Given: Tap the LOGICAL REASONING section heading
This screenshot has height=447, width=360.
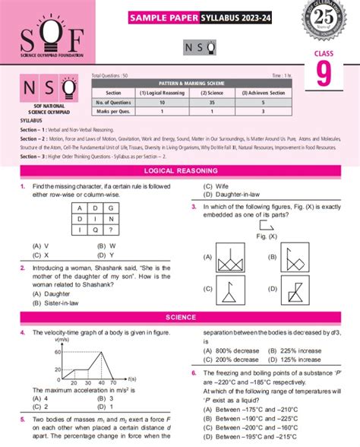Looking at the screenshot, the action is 180,171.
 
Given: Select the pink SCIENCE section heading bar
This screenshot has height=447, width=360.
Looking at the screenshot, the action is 180,317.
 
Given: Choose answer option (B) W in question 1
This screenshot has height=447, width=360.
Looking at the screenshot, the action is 106,246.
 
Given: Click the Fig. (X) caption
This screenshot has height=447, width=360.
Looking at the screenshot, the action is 267,236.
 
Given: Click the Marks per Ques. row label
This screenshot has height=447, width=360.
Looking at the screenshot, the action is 113,110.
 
